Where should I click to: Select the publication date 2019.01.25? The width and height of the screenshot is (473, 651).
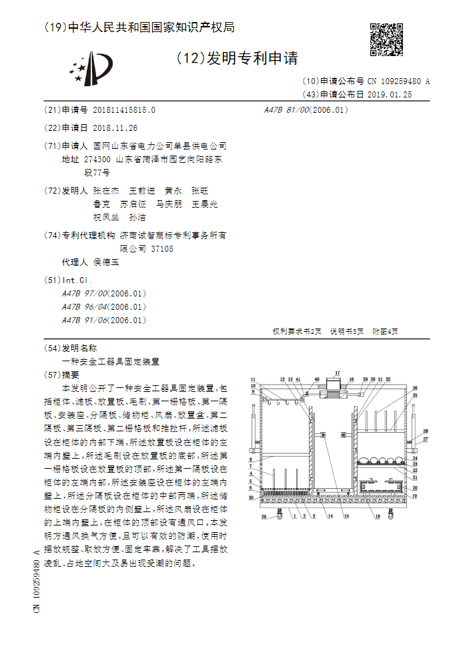coord(390,95)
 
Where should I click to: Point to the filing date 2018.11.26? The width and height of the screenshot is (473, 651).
coord(115,128)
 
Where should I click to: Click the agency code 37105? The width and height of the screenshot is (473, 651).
coord(162,248)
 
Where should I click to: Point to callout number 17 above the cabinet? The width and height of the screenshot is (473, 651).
coord(338,373)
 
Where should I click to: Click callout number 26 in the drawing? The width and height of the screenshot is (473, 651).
coord(414,388)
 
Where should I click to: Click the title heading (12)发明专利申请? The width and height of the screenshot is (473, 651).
coord(237,58)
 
